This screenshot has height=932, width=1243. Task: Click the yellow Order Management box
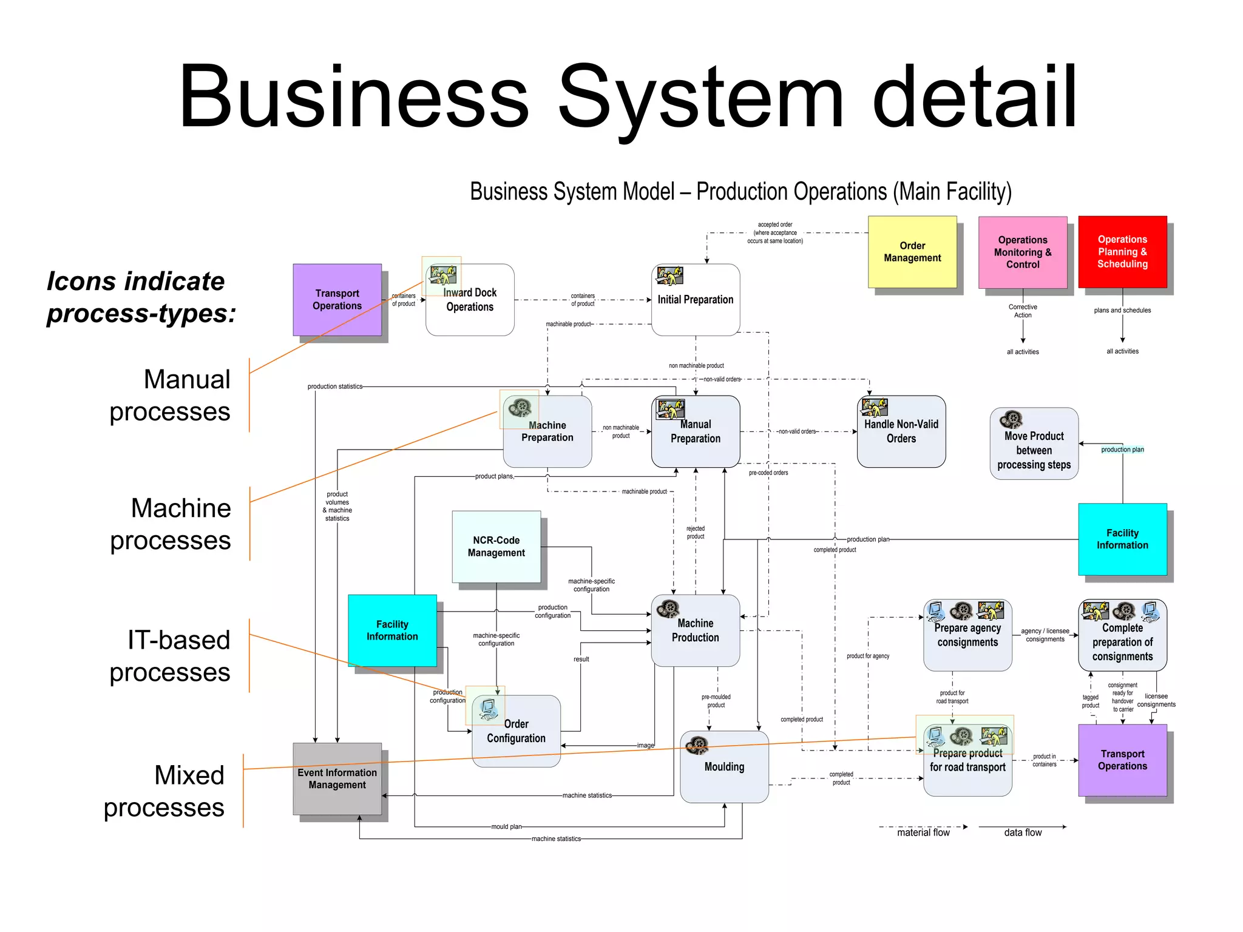pyautogui.click(x=912, y=252)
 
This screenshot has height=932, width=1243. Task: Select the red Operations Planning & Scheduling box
pyautogui.click(x=1122, y=252)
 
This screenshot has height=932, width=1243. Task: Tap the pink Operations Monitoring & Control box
pyautogui.click(x=1022, y=252)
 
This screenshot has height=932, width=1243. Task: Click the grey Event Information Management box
pyautogui.click(x=337, y=778)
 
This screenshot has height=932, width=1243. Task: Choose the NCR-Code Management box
pyautogui.click(x=496, y=547)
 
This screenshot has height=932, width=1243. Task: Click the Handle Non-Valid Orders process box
pyautogui.click(x=901, y=432)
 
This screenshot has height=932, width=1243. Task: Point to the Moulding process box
pyautogui.click(x=724, y=767)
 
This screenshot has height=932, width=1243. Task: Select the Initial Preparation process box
pyautogui.click(x=695, y=300)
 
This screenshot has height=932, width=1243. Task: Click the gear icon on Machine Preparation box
pyautogui.click(x=520, y=407)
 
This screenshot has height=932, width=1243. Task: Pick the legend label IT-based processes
pyautogui.click(x=170, y=657)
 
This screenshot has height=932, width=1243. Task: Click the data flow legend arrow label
pyautogui.click(x=1023, y=833)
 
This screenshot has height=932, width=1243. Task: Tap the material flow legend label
pyautogui.click(x=923, y=833)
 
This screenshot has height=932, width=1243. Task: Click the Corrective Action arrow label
pyautogui.click(x=1023, y=311)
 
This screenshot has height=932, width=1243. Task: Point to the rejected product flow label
pyautogui.click(x=695, y=533)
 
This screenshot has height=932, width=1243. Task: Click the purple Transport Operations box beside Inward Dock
pyautogui.click(x=337, y=300)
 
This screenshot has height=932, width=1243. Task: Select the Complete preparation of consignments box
pyautogui.click(x=1122, y=642)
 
